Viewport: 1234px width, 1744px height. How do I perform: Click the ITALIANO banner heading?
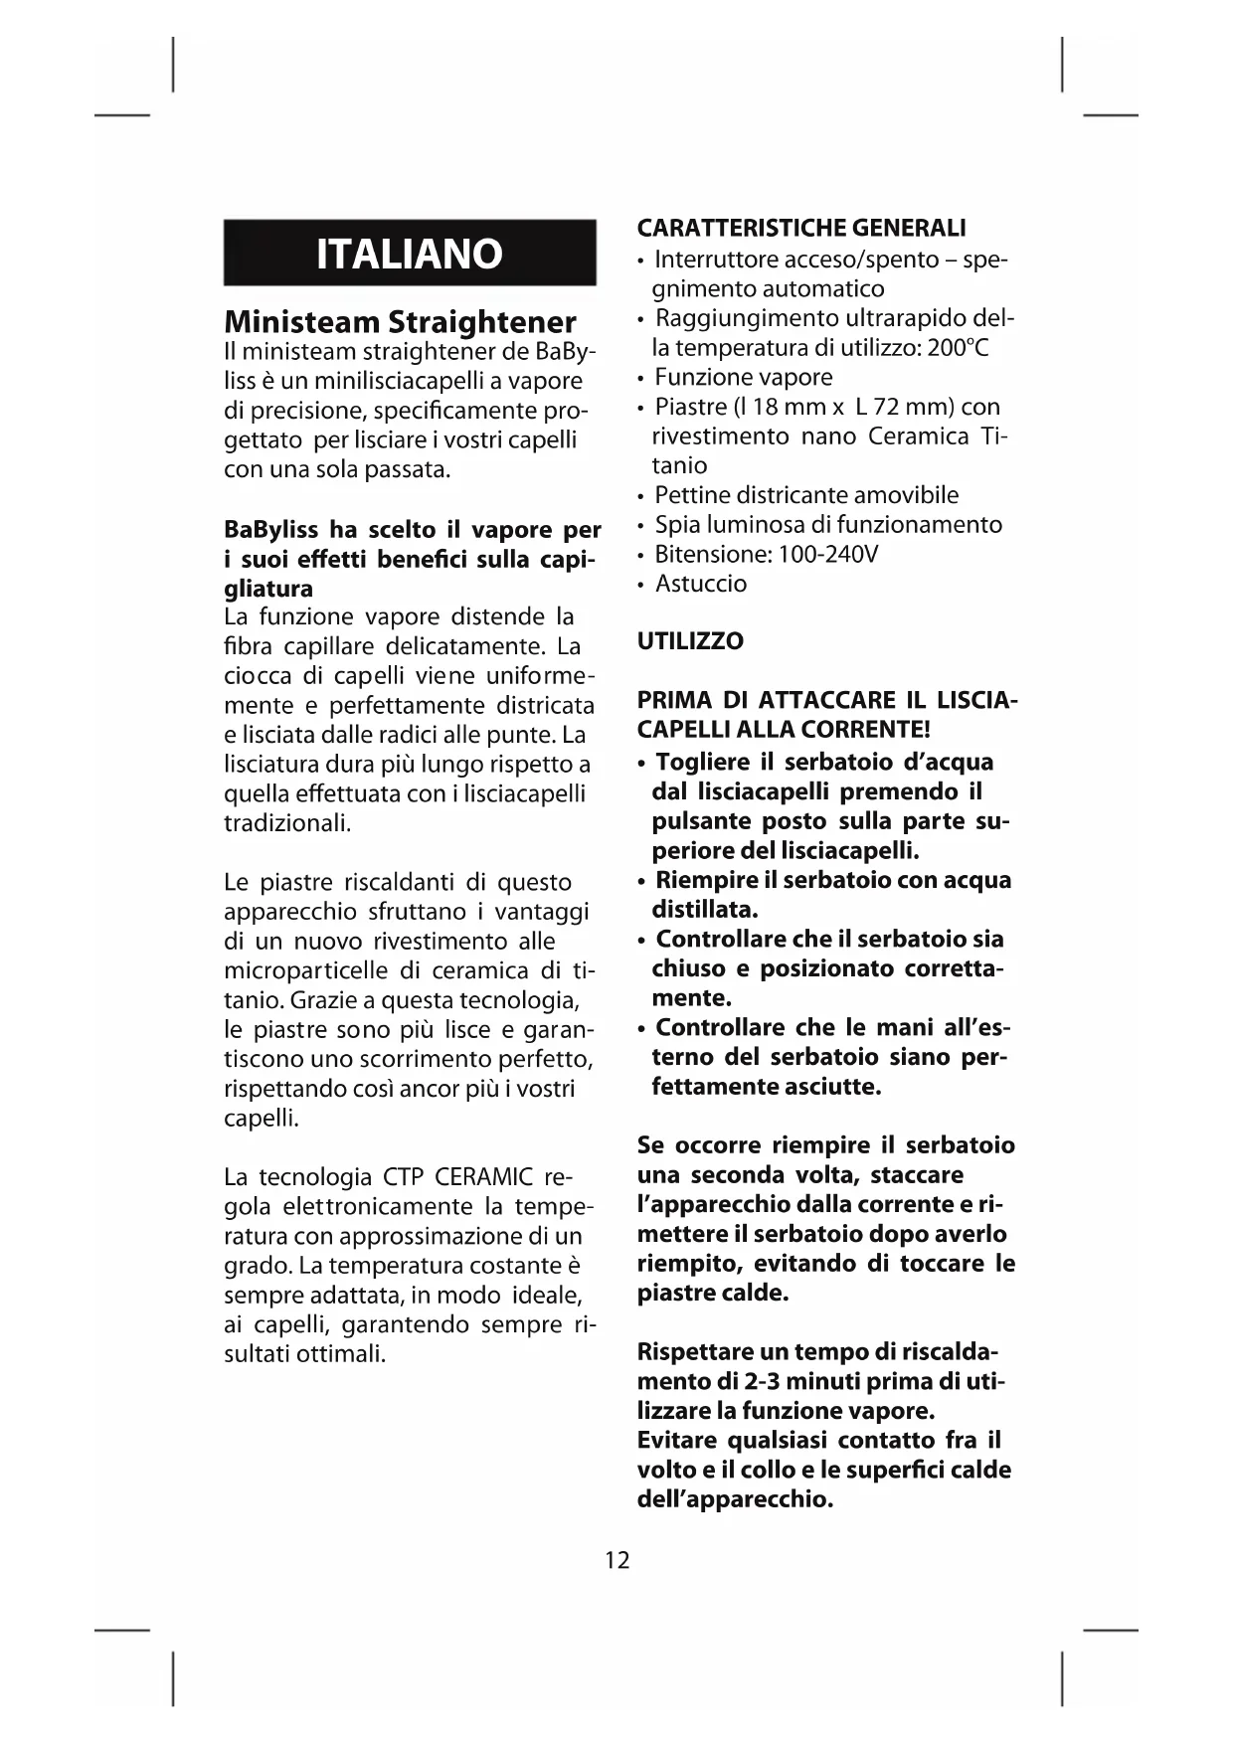pyautogui.click(x=410, y=255)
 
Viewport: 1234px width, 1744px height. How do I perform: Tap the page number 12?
pyautogui.click(x=617, y=1559)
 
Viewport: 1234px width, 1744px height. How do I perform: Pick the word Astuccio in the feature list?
pyautogui.click(x=701, y=584)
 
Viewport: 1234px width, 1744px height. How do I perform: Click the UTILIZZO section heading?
pyautogui.click(x=690, y=641)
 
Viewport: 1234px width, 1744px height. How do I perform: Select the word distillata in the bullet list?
pyautogui.click(x=703, y=909)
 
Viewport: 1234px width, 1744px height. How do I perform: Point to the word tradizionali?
pyautogui.click(x=286, y=823)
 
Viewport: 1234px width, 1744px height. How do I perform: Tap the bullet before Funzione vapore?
pyautogui.click(x=642, y=379)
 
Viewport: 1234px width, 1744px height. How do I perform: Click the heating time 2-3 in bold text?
pyautogui.click(x=763, y=1381)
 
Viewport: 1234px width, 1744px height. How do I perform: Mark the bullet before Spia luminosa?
pyautogui.click(x=642, y=526)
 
